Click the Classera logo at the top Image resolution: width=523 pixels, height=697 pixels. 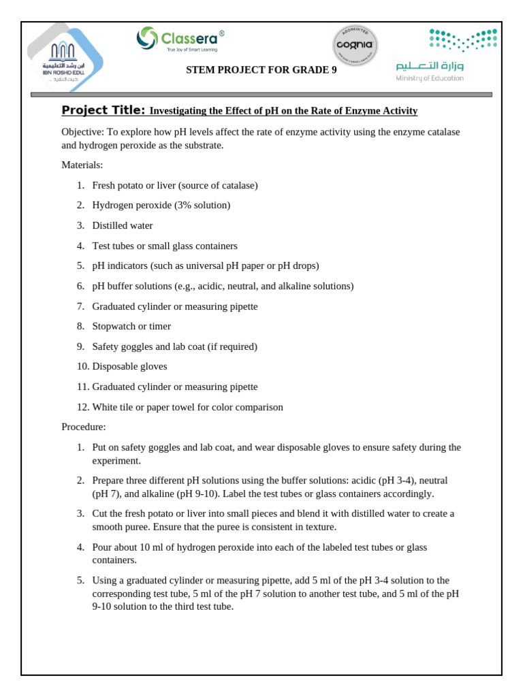click(180, 39)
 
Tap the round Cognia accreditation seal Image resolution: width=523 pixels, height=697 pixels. click(355, 46)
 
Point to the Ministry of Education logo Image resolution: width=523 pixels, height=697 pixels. click(446, 55)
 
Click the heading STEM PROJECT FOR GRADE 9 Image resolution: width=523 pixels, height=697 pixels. click(261, 70)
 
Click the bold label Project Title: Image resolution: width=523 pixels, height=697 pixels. click(103, 110)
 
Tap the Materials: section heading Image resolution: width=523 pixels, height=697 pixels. click(82, 165)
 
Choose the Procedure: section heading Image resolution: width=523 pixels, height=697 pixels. click(84, 427)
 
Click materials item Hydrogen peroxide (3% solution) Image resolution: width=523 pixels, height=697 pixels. click(161, 205)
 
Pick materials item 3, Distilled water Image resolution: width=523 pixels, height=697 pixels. click(123, 225)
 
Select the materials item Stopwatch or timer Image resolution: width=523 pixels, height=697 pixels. click(131, 326)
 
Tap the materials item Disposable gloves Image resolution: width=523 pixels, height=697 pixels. click(129, 366)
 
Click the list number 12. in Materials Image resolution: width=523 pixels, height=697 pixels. click(82, 407)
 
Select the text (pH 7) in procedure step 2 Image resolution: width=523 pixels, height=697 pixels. click(104, 493)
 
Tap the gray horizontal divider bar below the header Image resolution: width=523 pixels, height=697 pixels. click(261, 95)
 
